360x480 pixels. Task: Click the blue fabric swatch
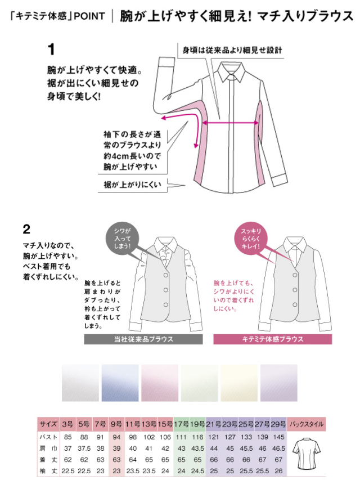pos(120,383)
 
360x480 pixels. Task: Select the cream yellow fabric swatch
pos(239,383)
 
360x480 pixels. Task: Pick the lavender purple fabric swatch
pos(279,383)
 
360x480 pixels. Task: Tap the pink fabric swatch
pos(160,383)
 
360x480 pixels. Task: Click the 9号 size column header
pos(116,424)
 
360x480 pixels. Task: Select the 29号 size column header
pos(279,424)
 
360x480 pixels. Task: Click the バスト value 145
pos(279,437)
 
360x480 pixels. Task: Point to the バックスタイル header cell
pos(307,424)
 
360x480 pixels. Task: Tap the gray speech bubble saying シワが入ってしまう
pos(123,239)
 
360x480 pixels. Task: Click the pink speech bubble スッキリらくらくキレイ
pos(251,239)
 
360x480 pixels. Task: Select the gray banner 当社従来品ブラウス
pos(143,339)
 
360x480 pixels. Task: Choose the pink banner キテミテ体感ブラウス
pos(272,339)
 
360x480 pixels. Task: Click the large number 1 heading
pos(51,50)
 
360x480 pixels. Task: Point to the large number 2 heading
pos(26,229)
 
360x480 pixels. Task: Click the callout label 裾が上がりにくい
pos(132,185)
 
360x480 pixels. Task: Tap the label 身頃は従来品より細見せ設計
pos(232,50)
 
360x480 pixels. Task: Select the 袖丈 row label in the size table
pos(48,471)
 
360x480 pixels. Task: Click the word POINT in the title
pos(89,16)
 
